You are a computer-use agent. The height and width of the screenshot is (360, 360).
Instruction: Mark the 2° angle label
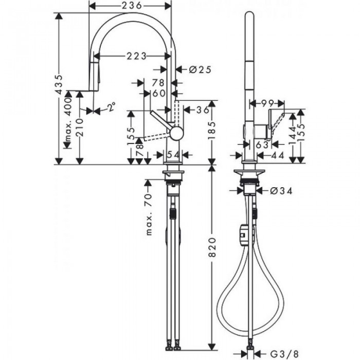coord(111,107)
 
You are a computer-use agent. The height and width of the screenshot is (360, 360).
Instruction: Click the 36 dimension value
coord(202,110)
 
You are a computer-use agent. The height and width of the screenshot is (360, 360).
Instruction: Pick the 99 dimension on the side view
coord(266,103)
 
